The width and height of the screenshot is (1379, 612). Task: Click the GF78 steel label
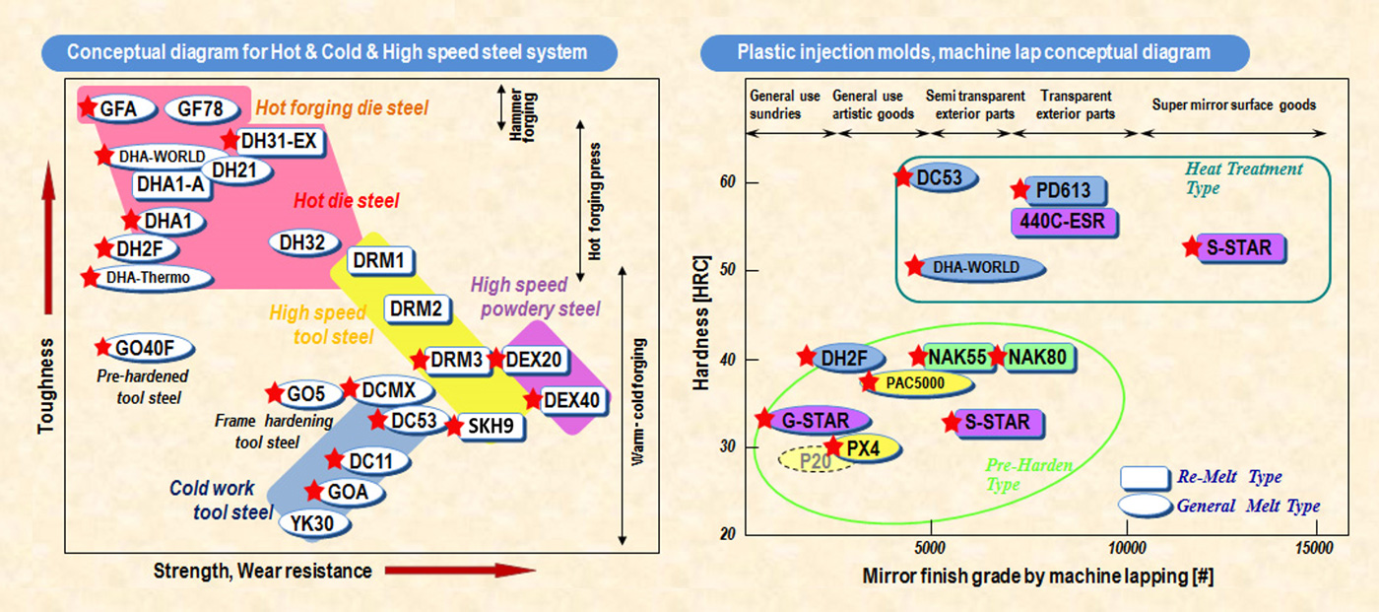[201, 109]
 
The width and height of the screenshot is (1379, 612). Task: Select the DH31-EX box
[279, 142]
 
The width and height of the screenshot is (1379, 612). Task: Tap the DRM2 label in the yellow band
[417, 308]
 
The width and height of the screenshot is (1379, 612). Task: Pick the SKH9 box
[491, 426]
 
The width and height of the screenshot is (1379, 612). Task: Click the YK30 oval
[314, 524]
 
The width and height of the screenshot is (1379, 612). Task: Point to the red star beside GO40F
[102, 347]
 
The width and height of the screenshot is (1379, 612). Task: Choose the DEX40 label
[572, 401]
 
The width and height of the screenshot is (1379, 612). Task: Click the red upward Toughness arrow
[48, 238]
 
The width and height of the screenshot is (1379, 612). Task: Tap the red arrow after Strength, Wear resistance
[460, 571]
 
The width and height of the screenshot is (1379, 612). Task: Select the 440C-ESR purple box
[1063, 222]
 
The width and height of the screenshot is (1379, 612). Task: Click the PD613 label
[1065, 190]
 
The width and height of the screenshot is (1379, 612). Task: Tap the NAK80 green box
[1038, 357]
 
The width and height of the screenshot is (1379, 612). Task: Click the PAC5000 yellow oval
[917, 383]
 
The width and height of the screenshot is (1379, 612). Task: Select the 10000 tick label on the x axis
[1127, 548]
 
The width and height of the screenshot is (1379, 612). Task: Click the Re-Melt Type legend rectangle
[1145, 478]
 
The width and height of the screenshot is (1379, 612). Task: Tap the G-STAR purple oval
[817, 421]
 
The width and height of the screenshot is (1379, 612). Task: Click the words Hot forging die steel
[342, 108]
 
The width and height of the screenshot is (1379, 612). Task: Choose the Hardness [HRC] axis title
[701, 322]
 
